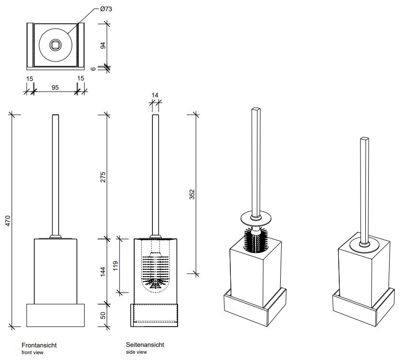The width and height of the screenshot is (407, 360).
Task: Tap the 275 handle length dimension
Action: pos(103,177)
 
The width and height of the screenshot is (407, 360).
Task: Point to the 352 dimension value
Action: pos(192,194)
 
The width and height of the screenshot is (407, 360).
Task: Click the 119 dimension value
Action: pos(115,266)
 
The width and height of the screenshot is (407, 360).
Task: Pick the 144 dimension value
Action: pos(103,271)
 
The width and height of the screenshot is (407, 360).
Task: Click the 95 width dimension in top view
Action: pos(55,88)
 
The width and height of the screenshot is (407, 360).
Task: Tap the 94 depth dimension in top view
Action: pos(103,46)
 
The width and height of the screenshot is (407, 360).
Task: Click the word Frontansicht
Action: pos(39,345)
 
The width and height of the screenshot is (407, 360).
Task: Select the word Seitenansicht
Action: pos(145,344)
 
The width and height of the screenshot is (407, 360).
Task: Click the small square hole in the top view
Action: pos(55,46)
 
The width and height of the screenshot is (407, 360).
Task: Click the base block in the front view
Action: pos(55,315)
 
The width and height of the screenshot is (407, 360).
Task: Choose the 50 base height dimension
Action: pos(103,315)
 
